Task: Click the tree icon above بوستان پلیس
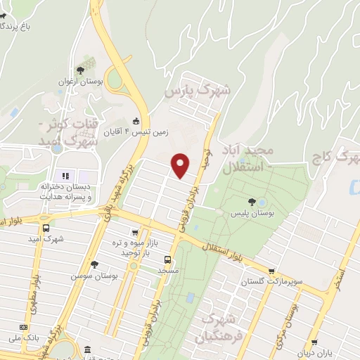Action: (x=251, y=200)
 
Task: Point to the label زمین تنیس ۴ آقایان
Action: (x=115, y=131)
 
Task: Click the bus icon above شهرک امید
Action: (x=46, y=228)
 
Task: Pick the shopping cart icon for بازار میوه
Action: (x=134, y=231)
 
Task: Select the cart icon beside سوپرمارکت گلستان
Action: (x=271, y=271)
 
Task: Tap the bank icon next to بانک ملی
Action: (x=25, y=328)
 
